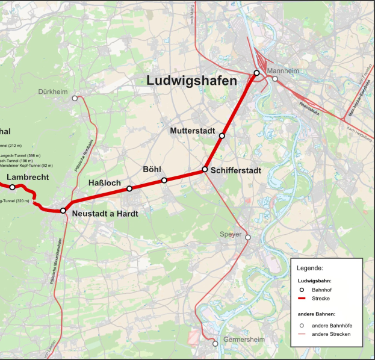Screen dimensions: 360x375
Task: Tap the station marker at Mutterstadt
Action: tap(222, 136)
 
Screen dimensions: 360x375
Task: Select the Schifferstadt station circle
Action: tap(205, 169)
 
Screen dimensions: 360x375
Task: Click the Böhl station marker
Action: tap(164, 180)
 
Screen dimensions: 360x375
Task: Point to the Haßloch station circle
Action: tap(129, 188)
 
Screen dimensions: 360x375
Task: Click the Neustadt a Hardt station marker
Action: tap(63, 211)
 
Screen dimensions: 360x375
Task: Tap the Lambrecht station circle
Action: tap(12, 187)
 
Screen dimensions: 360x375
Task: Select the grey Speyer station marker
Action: tap(247, 237)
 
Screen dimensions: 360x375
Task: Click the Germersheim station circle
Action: tap(215, 344)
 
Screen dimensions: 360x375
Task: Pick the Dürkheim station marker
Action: tap(75, 98)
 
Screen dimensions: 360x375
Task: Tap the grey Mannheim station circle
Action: tap(274, 78)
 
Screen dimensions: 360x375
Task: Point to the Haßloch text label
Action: tap(105, 183)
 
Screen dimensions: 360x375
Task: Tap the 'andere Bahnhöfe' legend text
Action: tap(332, 325)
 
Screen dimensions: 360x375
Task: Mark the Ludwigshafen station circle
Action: tap(256, 73)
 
